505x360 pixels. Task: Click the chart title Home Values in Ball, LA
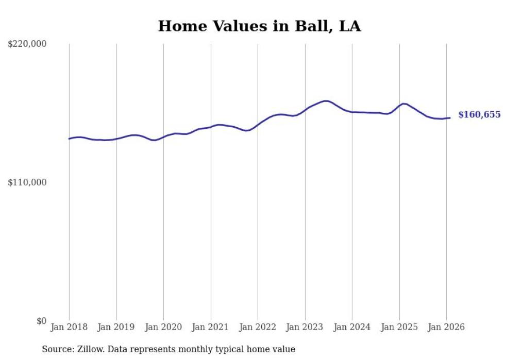tap(259, 26)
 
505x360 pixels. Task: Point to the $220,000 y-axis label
tap(27, 44)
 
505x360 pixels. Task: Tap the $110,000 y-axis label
tap(27, 182)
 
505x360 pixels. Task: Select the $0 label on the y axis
tap(41, 321)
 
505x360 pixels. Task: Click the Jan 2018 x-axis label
tap(69, 327)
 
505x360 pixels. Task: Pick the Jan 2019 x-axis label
tap(116, 327)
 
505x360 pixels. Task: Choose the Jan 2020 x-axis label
tap(163, 327)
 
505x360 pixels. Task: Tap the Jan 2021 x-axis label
tap(211, 327)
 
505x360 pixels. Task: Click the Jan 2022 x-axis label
tap(258, 327)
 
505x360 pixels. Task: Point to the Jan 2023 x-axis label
tap(305, 327)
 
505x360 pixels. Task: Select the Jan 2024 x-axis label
tap(352, 327)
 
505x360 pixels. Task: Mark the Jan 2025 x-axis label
tap(399, 327)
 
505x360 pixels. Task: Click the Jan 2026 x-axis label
tap(446, 327)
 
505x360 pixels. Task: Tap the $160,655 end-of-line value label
tap(479, 115)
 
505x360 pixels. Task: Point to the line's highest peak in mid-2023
tap(326, 101)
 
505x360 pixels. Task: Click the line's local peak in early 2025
tap(403, 104)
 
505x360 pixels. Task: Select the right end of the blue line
tap(450, 118)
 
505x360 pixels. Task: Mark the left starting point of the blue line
tap(69, 139)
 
